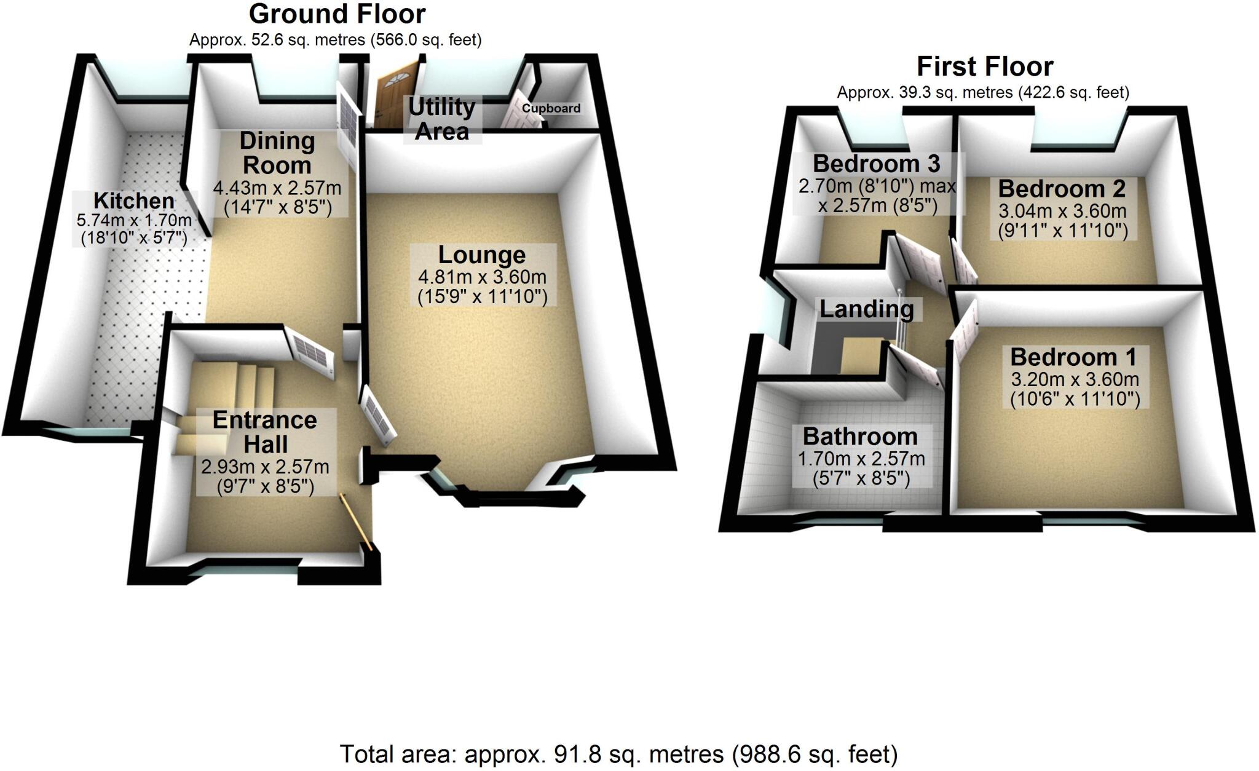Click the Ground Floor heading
337,14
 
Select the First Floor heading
985,66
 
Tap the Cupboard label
551,108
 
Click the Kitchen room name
134,200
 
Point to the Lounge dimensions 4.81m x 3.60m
482,277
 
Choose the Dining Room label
277,152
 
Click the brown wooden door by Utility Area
396,97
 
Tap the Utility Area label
442,119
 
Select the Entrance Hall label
265,432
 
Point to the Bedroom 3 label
876,164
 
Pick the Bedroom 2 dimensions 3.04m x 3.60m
1062,211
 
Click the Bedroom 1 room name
1073,357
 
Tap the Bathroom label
860,437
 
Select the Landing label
867,309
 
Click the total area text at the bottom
618,754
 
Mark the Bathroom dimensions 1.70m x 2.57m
861,459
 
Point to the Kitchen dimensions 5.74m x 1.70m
134,219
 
